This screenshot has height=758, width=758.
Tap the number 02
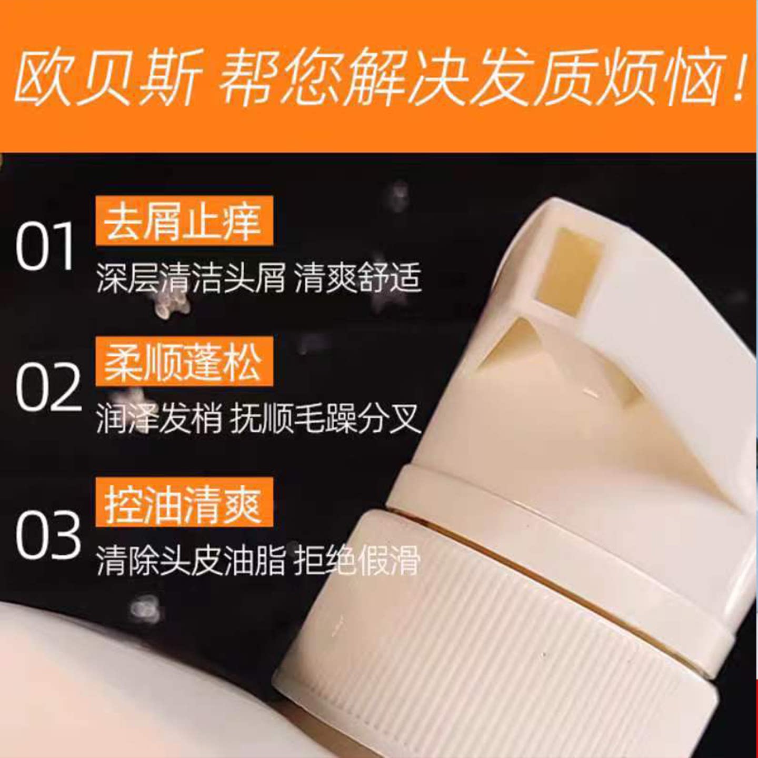(48, 387)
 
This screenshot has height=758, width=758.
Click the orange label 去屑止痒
(184, 221)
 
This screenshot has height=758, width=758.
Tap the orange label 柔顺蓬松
(184, 362)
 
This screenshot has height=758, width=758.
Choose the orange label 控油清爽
(184, 502)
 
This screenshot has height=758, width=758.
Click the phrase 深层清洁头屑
(191, 278)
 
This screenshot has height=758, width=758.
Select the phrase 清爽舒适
(358, 278)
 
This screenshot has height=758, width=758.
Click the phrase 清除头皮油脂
(191, 561)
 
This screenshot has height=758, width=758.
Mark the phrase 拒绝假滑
(357, 561)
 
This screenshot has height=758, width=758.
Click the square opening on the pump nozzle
(577, 269)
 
